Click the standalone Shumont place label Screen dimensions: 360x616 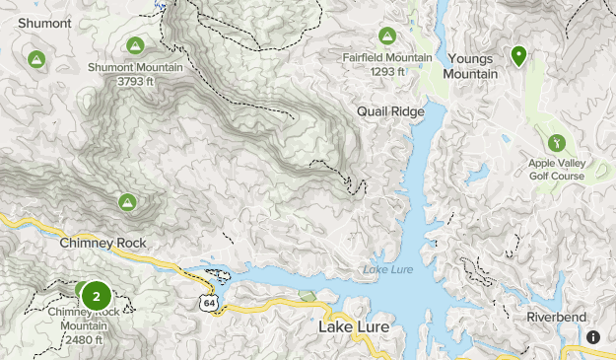(37, 23)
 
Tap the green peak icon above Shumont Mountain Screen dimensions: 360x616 (135, 45)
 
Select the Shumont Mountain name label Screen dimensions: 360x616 (135, 67)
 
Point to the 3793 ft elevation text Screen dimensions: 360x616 (135, 81)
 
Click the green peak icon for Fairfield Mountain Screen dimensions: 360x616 (387, 36)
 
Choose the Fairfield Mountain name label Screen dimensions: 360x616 (387, 57)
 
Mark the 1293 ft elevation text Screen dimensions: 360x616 (387, 71)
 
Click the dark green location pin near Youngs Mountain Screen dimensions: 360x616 (517, 55)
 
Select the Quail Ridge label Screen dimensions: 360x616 (391, 111)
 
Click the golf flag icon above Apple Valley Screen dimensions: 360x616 (554, 144)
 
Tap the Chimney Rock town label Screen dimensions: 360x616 (103, 243)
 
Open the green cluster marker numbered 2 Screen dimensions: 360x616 (96, 296)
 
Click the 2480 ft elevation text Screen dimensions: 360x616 (83, 339)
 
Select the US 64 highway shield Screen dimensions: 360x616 (208, 303)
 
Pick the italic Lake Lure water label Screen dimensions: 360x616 (385, 270)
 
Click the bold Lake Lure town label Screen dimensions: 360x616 (353, 326)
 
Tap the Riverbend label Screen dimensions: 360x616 (556, 317)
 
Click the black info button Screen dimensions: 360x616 (593, 337)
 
